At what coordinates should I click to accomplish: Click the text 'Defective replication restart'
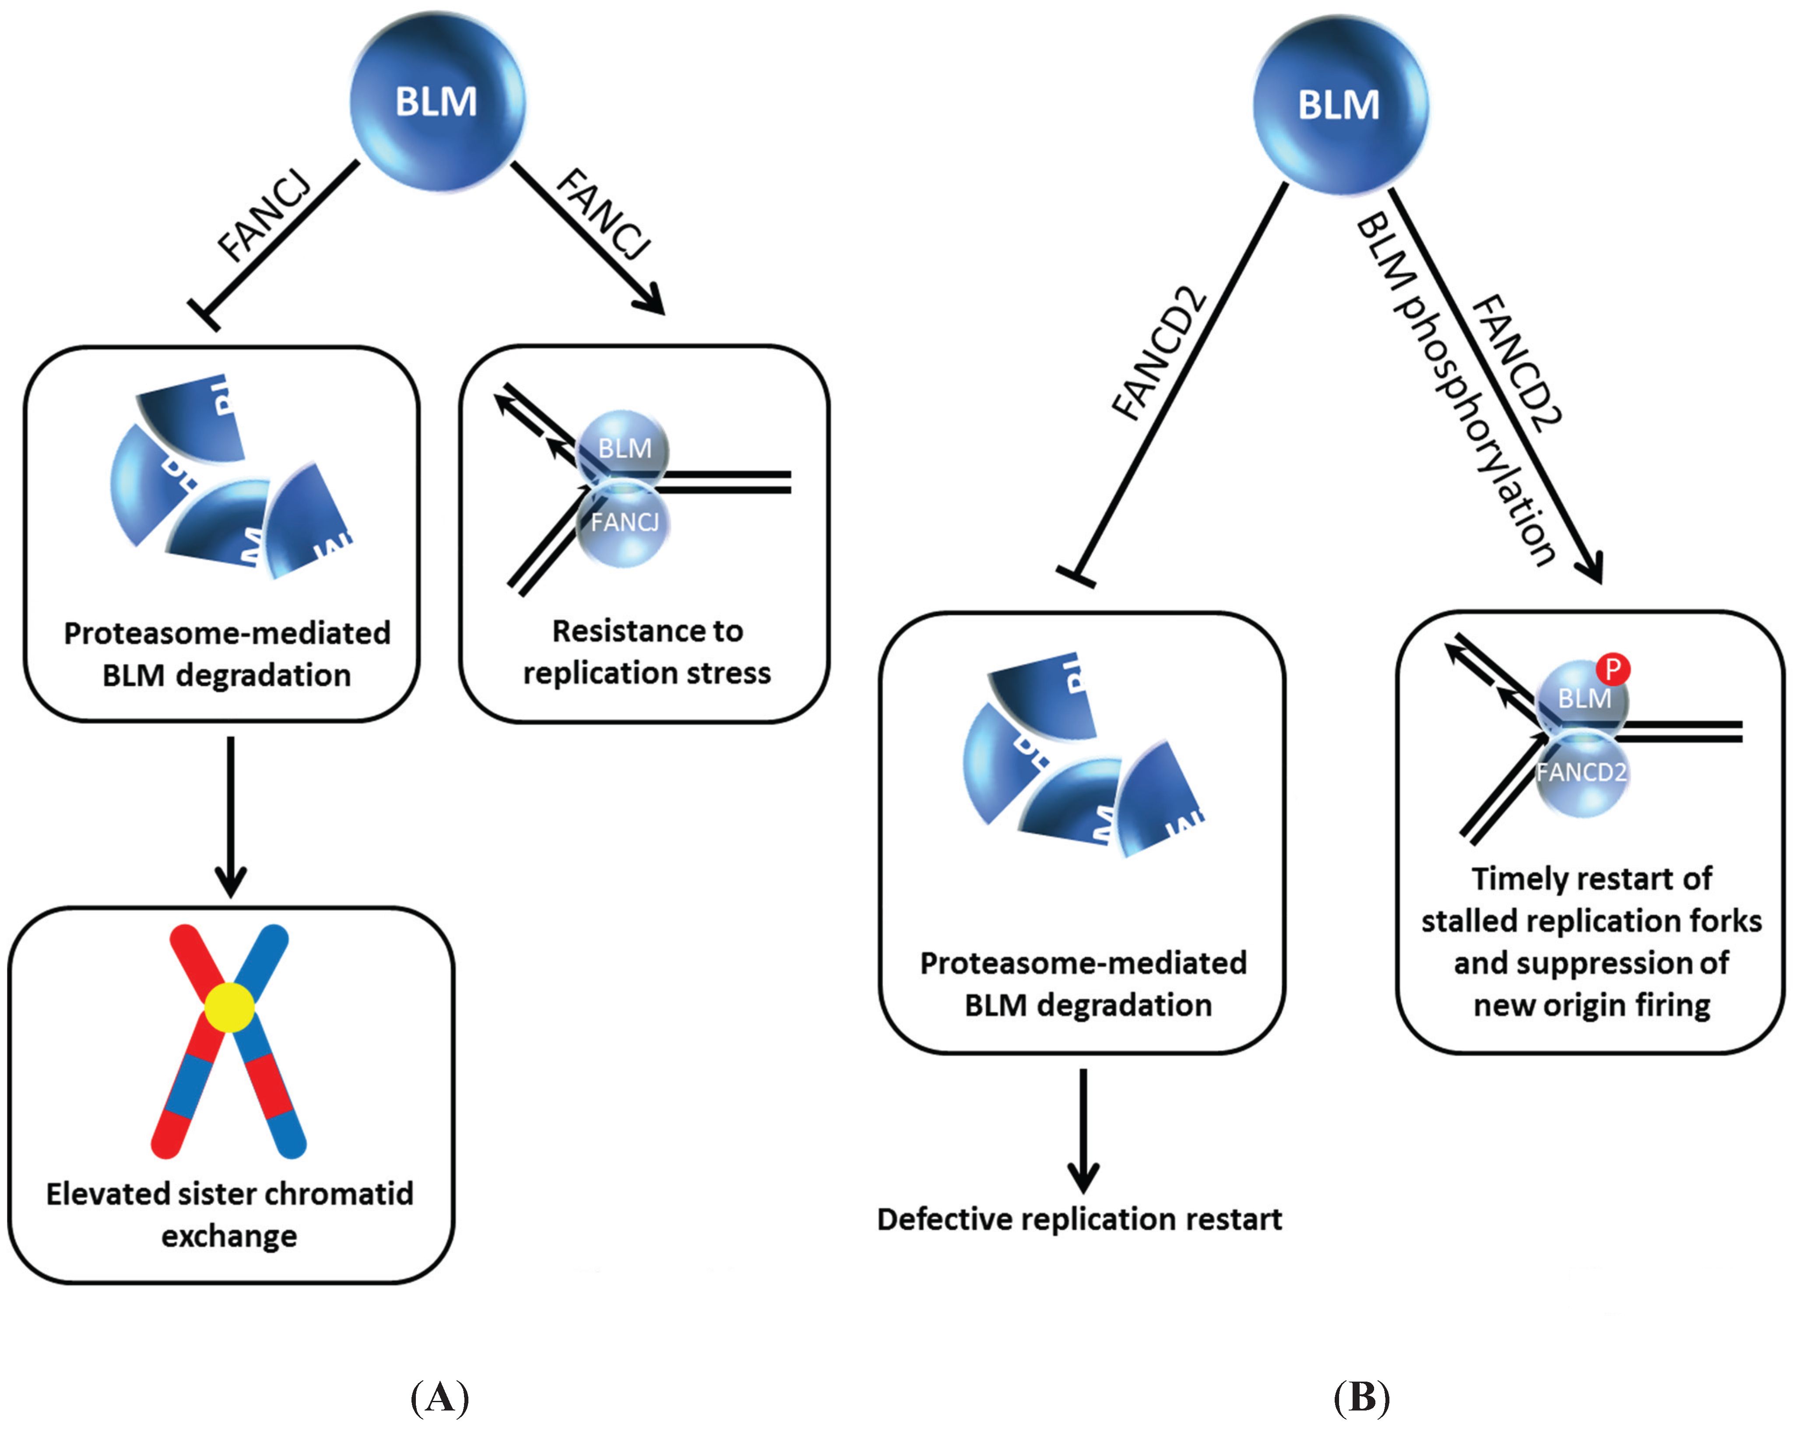pyautogui.click(x=1079, y=1220)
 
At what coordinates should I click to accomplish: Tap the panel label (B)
pyautogui.click(x=1361, y=1396)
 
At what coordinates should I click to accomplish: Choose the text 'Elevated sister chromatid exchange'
pyautogui.click(x=229, y=1214)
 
